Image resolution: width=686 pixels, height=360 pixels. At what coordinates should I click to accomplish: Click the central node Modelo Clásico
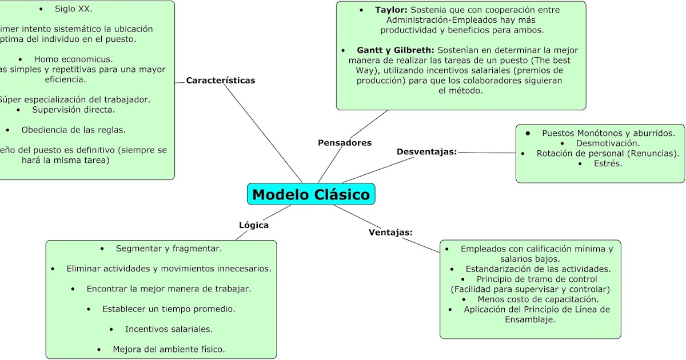pyautogui.click(x=311, y=194)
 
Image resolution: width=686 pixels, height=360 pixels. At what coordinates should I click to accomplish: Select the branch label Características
pyautogui.click(x=221, y=81)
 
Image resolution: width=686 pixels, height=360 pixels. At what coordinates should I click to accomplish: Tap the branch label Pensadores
pyautogui.click(x=345, y=143)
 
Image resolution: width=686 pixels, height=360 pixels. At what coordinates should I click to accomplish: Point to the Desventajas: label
pyautogui.click(x=426, y=151)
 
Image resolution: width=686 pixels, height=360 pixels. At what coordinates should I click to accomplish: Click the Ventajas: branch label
pyautogui.click(x=390, y=232)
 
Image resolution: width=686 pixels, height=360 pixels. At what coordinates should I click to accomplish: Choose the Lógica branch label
pyautogui.click(x=254, y=225)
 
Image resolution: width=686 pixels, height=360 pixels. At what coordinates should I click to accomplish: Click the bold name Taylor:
pyautogui.click(x=391, y=10)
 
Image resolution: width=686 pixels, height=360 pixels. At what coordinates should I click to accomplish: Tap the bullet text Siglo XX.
pyautogui.click(x=73, y=9)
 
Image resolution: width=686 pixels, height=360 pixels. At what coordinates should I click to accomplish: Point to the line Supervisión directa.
pyautogui.click(x=73, y=110)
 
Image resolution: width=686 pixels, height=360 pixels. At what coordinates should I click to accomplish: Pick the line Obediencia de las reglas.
pyautogui.click(x=73, y=130)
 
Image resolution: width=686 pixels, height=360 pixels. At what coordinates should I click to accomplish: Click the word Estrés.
pyautogui.click(x=608, y=163)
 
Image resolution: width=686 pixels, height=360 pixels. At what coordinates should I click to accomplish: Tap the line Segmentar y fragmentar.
pyautogui.click(x=169, y=249)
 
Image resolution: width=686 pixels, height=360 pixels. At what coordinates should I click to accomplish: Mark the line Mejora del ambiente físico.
pyautogui.click(x=169, y=349)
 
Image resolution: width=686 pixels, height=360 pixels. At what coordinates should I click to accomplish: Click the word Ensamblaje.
pyautogui.click(x=530, y=319)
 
